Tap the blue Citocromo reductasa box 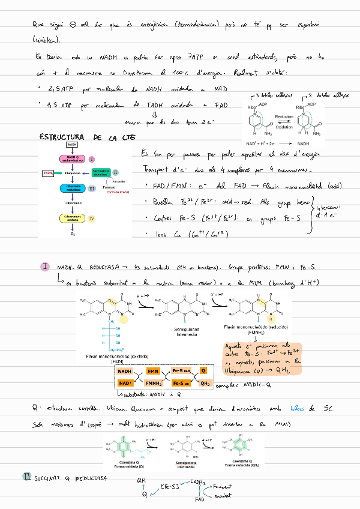point(73,188)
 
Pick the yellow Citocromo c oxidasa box point(73,218)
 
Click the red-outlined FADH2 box point(49,173)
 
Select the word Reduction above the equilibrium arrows point(284,117)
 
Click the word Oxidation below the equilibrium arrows point(284,127)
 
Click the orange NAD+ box point(125,383)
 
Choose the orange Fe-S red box point(181,372)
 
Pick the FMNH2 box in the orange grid point(154,383)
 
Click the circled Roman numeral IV point(92,218)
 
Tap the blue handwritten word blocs point(297,409)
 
